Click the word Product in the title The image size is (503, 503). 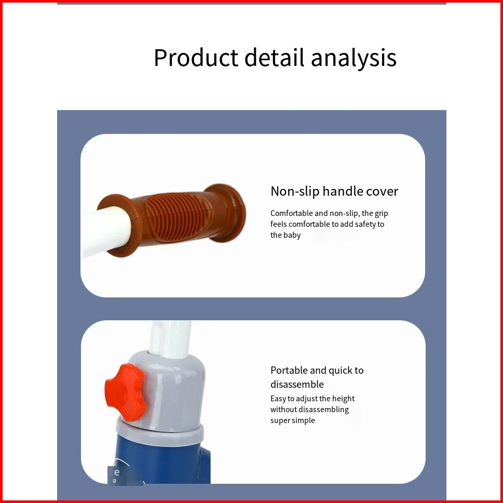pos(196,58)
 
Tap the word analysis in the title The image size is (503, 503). pos(354,58)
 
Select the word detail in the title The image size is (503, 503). pos(274,58)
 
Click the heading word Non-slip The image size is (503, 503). pos(295,191)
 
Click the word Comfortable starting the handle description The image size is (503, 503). pos(291,213)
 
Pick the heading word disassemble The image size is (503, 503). pos(297,384)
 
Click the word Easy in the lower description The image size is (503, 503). pos(278,399)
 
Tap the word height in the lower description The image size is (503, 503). pos(343,399)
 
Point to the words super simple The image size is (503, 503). pos(293,420)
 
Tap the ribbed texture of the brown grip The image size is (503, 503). pos(178,215)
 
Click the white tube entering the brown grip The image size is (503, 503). pos(106,230)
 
